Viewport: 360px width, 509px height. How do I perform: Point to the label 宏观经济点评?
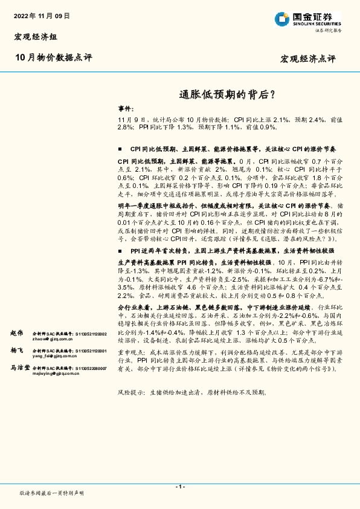[308, 59]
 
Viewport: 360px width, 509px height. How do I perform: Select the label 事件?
[126, 109]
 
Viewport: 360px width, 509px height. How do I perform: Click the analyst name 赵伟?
[16, 333]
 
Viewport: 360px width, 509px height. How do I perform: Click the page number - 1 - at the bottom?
[179, 487]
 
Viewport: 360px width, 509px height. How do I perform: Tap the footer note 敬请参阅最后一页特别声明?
[52, 494]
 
